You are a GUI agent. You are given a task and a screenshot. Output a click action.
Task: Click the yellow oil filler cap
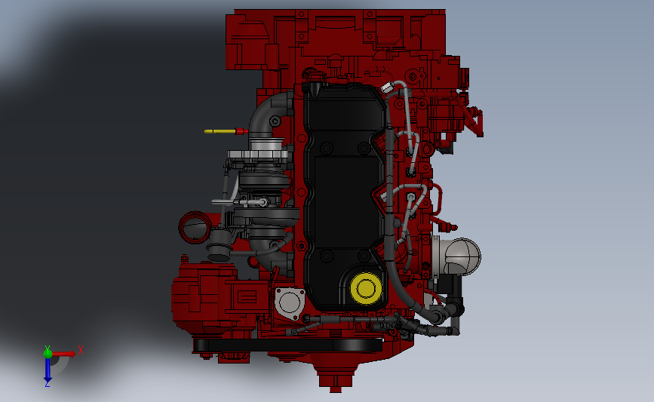366,287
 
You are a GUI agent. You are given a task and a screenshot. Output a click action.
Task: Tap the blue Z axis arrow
48,370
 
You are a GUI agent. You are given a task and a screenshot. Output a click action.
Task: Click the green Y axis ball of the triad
48,352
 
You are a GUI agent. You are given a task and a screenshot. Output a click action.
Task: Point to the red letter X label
80,349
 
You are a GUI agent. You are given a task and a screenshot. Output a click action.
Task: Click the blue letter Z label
47,384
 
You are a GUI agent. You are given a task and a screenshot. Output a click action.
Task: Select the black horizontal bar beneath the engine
287,345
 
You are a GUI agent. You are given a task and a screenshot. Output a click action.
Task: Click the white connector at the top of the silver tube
388,87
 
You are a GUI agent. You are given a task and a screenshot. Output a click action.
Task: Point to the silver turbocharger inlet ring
261,158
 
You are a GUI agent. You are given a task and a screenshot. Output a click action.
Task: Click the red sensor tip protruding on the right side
453,226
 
